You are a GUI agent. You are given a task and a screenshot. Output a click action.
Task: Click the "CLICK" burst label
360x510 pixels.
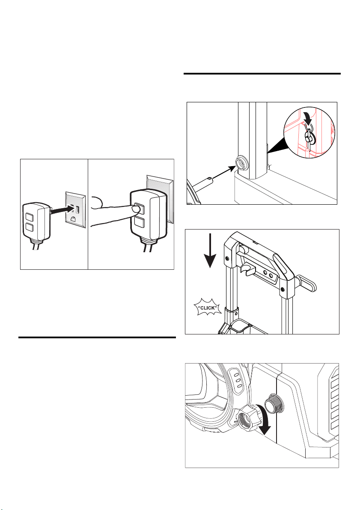click(207, 308)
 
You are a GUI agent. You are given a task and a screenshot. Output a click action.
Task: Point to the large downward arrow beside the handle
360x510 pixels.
click(211, 250)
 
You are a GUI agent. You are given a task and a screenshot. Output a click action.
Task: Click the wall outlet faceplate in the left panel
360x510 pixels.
click(76, 209)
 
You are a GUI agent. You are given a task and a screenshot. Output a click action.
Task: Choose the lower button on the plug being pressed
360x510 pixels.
click(139, 223)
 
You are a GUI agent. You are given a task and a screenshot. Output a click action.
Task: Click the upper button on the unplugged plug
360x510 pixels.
click(30, 217)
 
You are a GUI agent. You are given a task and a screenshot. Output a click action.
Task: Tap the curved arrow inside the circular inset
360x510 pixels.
click(308, 119)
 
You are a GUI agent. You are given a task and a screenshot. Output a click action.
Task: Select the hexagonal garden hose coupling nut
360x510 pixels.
click(245, 419)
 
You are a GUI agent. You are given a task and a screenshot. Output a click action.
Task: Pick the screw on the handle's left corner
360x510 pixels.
click(226, 258)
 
